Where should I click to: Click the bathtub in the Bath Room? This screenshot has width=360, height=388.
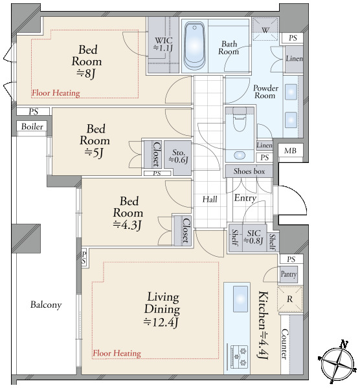[x=195, y=47]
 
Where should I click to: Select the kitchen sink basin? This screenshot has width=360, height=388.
[x=240, y=298]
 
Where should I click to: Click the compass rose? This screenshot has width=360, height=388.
[x=337, y=363]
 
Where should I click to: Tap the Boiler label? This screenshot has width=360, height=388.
[x=32, y=127]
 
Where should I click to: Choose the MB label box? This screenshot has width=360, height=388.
[x=290, y=151]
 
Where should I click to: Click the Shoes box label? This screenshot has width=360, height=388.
[x=249, y=171]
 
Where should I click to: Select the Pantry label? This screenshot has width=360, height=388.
[x=288, y=274]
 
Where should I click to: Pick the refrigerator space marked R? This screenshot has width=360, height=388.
[x=289, y=299]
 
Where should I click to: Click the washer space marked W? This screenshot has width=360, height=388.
[x=265, y=29]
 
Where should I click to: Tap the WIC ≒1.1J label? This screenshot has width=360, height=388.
[x=163, y=44]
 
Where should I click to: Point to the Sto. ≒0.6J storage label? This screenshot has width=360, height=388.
[x=178, y=156]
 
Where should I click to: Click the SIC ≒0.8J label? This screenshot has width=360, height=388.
[x=253, y=237]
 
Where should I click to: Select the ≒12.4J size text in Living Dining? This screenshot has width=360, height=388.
[x=161, y=322]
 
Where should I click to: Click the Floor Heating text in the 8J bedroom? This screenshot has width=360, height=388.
[x=56, y=93]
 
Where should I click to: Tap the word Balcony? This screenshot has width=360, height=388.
[x=46, y=305]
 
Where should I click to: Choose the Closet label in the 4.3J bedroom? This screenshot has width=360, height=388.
[x=186, y=230]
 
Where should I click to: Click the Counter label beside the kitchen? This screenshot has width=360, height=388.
[x=285, y=344]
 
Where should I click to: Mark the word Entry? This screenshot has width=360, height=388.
[x=245, y=198]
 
